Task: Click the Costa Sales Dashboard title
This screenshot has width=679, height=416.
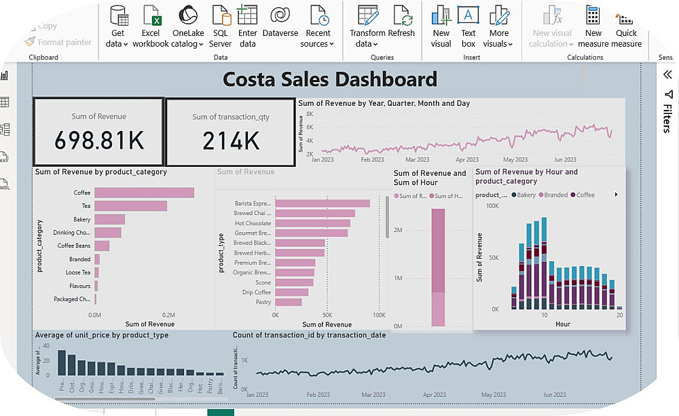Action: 330,79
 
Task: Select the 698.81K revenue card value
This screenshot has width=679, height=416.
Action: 99,140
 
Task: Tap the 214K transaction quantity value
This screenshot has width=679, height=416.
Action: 231,140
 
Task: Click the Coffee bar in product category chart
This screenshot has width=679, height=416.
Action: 144,193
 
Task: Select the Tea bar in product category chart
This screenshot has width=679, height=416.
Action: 130,206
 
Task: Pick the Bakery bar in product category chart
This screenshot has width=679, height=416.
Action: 109,219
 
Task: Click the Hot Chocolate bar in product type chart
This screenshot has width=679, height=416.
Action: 312,223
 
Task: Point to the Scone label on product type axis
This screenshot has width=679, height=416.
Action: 263,282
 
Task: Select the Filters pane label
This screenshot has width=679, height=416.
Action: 667,119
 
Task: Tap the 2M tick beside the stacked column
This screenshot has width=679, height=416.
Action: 399,231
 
